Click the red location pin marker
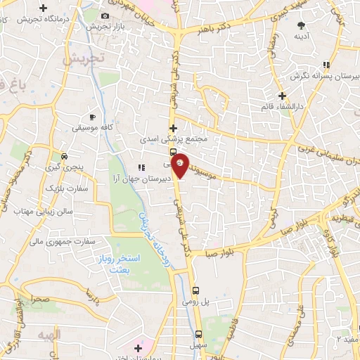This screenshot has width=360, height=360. [180, 165]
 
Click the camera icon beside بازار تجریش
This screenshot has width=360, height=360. [105, 15]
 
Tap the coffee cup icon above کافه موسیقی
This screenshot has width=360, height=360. [93, 117]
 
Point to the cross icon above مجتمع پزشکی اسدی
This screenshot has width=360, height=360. [173, 128]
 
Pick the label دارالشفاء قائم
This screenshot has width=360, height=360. [281, 107]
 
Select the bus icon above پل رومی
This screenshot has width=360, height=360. [196, 289]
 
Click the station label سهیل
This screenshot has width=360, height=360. [199, 346]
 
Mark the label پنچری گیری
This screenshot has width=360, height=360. [65, 167]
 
